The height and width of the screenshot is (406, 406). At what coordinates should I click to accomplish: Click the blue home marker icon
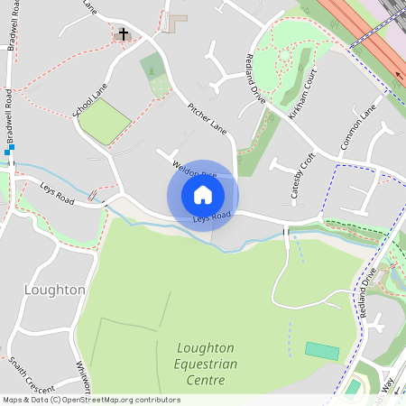tap(203, 194)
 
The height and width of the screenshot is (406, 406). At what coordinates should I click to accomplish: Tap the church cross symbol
tap(124, 35)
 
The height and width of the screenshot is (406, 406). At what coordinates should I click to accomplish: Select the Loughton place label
tap(55, 290)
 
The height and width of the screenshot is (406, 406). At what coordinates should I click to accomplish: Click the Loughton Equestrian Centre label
tap(207, 364)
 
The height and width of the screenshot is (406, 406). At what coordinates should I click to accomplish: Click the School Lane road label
tap(88, 101)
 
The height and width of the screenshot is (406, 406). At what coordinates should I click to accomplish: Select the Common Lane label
tap(357, 127)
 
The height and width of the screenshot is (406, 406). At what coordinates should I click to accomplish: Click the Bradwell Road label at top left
tap(13, 31)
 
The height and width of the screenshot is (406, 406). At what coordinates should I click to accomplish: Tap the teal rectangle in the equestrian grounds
tap(321, 350)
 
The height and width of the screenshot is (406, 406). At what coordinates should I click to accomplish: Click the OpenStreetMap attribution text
tap(91, 399)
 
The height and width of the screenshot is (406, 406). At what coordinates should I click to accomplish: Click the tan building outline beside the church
tap(177, 18)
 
